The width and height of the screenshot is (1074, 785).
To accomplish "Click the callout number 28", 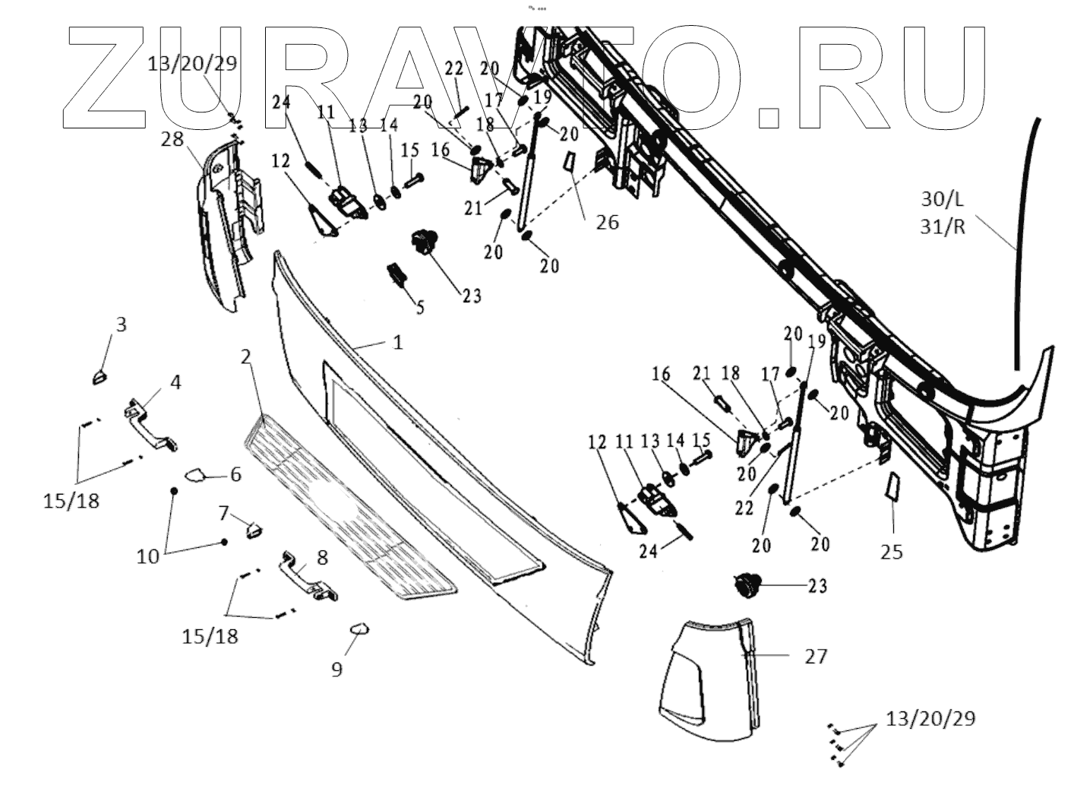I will pos(172,139).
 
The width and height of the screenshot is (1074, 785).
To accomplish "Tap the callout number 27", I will pos(815,656).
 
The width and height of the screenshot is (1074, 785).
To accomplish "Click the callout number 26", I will pos(607,222).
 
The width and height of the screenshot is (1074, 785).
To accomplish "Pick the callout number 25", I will pos(892,552).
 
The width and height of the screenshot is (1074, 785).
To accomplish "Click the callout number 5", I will pos(420,308).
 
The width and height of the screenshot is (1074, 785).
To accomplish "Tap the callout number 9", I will pos(336,669).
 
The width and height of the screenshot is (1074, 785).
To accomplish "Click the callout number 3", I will pos(121,324).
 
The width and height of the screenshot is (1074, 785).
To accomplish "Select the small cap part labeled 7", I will pos(254,528).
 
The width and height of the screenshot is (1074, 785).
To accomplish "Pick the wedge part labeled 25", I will pos(892,486).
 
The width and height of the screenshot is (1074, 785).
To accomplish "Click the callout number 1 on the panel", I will pos(398,343).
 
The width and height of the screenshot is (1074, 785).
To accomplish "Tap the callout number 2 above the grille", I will pos(245,356).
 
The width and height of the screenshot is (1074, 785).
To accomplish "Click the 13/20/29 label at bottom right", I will pos(930,718).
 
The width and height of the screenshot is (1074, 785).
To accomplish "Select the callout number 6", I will pos(235,475).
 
